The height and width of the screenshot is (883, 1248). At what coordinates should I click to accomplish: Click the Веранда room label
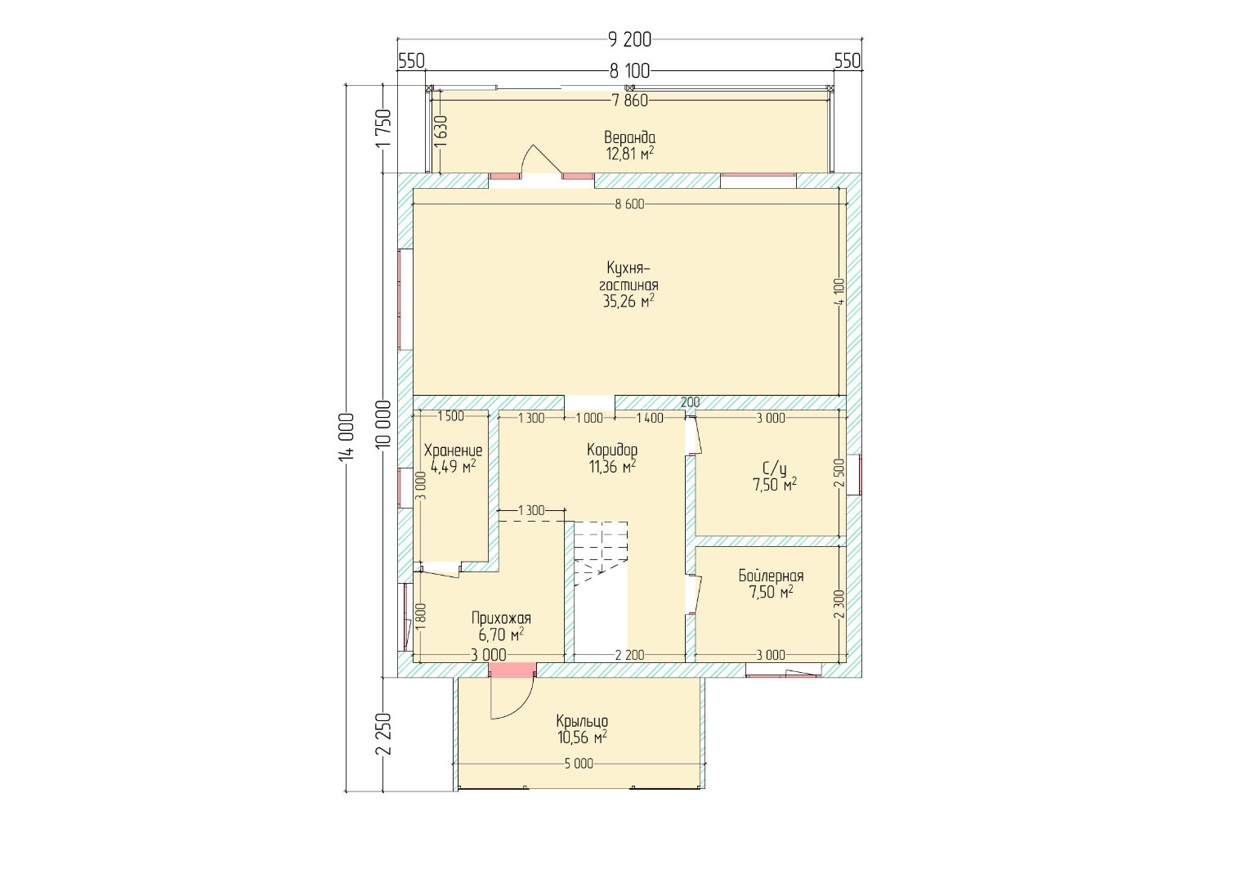point(629,137)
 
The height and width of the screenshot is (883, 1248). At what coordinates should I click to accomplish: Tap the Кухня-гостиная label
point(628,276)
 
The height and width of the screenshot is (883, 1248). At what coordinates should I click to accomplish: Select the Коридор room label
point(612,450)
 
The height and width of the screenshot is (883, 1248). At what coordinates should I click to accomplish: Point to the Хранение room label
point(453,450)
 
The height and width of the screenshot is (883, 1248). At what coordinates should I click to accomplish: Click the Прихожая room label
point(501,618)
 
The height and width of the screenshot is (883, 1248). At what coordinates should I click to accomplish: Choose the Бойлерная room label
point(771,576)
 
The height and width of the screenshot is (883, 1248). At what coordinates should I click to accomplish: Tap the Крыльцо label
point(582,721)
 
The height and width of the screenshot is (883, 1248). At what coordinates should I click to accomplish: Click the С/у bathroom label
point(775,469)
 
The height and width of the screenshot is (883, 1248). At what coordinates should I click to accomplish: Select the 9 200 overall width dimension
point(629,39)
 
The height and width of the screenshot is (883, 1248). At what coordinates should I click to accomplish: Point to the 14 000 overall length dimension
point(346,437)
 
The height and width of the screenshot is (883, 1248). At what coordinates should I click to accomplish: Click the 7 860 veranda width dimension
point(629,101)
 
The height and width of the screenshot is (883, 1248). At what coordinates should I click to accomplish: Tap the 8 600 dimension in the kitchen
point(629,204)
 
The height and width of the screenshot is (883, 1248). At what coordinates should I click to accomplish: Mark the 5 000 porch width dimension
point(579,764)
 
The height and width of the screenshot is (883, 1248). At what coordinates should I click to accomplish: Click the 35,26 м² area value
point(628,302)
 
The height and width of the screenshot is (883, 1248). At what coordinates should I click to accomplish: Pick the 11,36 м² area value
point(612,467)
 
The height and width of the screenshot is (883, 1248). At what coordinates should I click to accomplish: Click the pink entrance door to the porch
point(512,670)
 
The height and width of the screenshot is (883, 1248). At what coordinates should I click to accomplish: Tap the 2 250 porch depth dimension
point(383,734)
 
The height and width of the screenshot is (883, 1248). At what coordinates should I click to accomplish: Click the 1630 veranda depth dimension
point(441,132)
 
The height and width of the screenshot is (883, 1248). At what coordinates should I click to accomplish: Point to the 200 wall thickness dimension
point(691,402)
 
